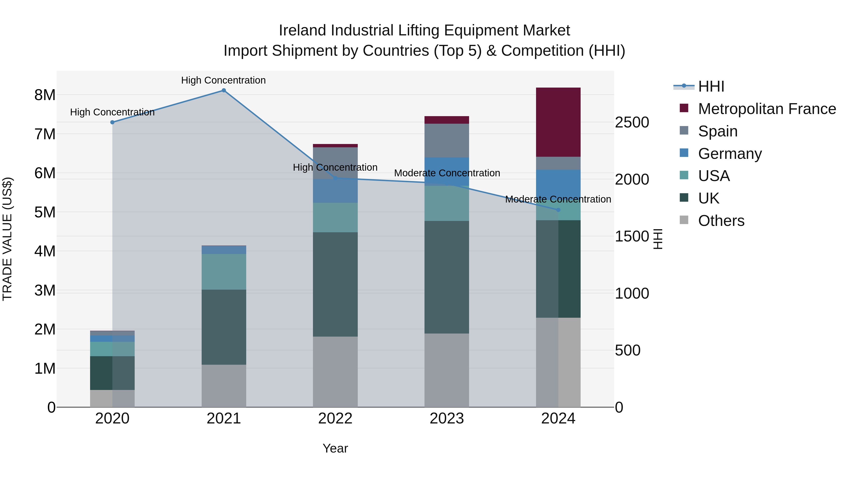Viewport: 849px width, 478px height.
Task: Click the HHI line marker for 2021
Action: pos(224,90)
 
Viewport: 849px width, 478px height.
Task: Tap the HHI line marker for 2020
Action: pos(112,122)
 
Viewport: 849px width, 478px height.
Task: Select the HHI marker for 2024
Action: pos(558,210)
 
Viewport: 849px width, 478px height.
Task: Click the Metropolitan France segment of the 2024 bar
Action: pos(558,122)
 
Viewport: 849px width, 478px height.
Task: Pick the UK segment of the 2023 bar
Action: pos(447,277)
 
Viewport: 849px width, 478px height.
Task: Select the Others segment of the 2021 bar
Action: pos(224,386)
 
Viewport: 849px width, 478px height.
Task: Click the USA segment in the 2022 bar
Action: pos(335,217)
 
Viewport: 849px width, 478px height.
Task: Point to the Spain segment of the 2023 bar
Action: pos(447,140)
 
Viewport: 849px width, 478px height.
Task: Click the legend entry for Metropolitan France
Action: pos(767,109)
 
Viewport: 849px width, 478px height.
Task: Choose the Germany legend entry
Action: pos(730,154)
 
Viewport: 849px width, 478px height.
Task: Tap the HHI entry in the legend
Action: pos(711,86)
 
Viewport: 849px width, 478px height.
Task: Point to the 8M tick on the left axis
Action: pos(45,95)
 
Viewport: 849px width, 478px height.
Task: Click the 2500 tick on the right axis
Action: pos(632,122)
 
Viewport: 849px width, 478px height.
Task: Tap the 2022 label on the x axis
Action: pos(335,419)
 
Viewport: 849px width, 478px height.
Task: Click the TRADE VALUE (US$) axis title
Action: pos(7,239)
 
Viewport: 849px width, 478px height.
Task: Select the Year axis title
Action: pos(335,448)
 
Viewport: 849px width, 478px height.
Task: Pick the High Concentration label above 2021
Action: pos(224,80)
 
